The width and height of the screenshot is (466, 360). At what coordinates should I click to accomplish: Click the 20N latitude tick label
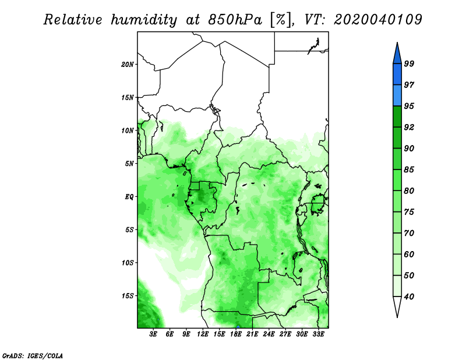[x=127, y=65]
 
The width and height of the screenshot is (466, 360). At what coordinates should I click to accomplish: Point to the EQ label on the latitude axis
[x=129, y=197]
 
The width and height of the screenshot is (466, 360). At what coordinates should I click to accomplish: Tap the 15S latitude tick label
[x=127, y=296]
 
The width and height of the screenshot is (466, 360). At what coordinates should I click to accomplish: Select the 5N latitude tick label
[x=129, y=164]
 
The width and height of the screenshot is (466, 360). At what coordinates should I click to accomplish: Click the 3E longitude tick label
[x=153, y=334]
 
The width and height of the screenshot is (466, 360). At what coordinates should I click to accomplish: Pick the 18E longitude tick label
[x=236, y=334]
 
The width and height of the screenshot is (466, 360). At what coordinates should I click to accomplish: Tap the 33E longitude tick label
[x=318, y=334]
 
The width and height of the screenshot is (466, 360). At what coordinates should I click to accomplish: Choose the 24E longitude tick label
[x=269, y=334]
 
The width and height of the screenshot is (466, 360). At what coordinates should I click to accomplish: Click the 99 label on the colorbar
[x=409, y=63]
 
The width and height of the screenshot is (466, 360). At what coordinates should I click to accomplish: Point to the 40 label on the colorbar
[x=409, y=297]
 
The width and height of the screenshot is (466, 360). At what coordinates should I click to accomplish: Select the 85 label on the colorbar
[x=409, y=170]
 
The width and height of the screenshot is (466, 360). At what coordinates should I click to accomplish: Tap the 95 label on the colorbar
[x=409, y=106]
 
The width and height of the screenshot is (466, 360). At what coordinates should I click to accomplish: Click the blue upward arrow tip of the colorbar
[x=397, y=43]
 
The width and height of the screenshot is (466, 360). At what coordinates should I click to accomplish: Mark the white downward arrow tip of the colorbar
[x=397, y=317]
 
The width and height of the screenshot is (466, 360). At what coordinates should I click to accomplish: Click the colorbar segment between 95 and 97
[x=397, y=96]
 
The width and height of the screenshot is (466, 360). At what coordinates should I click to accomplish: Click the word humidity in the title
[x=144, y=20]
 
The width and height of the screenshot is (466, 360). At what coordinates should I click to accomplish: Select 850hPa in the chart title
[x=235, y=20]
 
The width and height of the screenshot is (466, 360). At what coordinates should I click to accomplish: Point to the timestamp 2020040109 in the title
[x=377, y=20]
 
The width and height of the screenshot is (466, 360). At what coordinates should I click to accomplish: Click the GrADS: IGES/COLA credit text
[x=33, y=356]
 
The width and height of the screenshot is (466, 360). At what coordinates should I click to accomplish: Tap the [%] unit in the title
[x=281, y=20]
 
